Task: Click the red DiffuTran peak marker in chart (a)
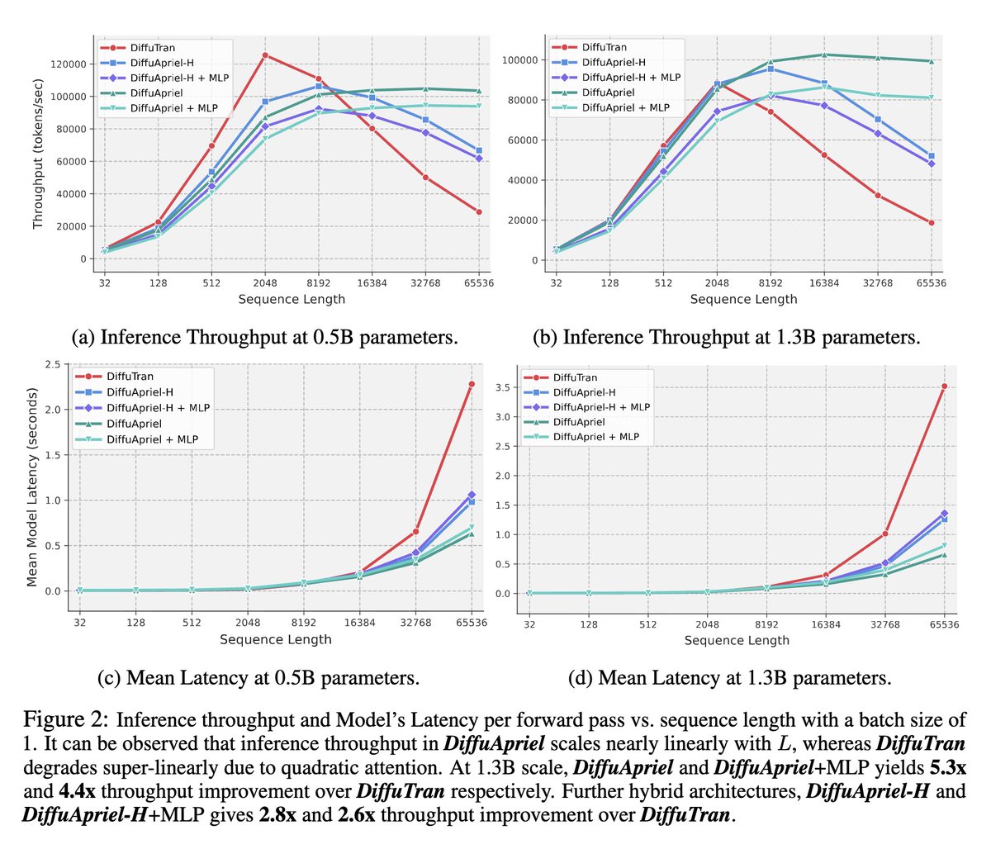click(x=265, y=55)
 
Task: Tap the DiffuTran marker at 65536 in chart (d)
click(x=944, y=386)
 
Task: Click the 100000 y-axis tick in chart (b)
click(x=519, y=60)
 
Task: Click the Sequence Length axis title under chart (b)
click(x=743, y=299)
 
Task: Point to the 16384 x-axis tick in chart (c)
click(x=360, y=623)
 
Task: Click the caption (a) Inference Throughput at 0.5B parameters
click(x=265, y=337)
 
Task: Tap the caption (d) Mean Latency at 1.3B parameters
click(x=730, y=678)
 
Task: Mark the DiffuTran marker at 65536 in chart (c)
click(x=472, y=384)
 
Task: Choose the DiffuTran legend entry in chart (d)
click(x=575, y=377)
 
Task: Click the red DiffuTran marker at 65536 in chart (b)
click(x=932, y=223)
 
